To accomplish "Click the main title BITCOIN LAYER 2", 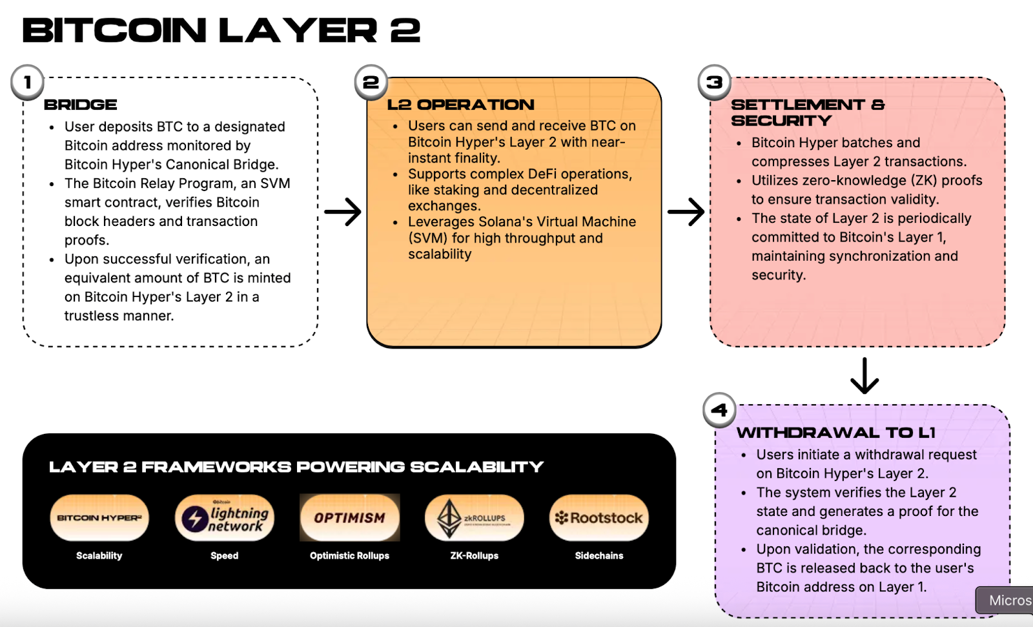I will click(221, 30).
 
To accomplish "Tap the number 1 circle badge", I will click(27, 83).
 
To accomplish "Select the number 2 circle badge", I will click(371, 83).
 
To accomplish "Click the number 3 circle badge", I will click(714, 83).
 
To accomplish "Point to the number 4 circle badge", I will click(719, 410).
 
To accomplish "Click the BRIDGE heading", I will click(81, 105).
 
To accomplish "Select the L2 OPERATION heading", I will click(461, 105).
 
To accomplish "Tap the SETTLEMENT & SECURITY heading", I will click(807, 112).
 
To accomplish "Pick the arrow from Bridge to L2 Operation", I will click(342, 212).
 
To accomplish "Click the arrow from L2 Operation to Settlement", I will click(686, 212).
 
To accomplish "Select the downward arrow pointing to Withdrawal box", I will click(864, 376).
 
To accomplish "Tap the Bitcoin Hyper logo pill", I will click(99, 518).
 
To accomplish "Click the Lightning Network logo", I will click(225, 518).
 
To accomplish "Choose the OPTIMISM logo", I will click(350, 518).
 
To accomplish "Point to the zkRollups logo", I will click(475, 518).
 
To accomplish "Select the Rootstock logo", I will click(599, 518).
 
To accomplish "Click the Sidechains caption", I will click(599, 555).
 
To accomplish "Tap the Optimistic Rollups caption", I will click(349, 555).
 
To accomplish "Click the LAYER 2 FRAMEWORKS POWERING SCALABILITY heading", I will click(296, 467).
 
